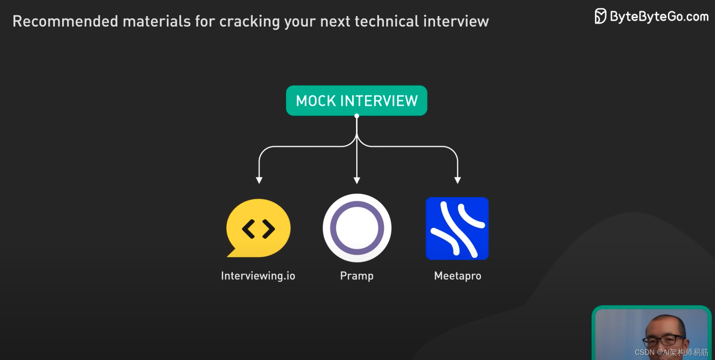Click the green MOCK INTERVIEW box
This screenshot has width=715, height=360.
click(356, 100)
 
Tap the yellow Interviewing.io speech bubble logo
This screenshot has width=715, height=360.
click(258, 228)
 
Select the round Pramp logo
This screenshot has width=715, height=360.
click(357, 228)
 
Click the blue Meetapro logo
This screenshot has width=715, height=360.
click(457, 228)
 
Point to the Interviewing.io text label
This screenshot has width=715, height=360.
click(258, 276)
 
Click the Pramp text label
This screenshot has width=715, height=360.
click(357, 276)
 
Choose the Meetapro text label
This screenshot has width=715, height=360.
click(458, 276)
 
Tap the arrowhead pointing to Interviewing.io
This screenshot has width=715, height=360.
click(259, 180)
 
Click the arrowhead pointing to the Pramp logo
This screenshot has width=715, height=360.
click(357, 180)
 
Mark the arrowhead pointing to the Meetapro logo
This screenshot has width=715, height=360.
click(458, 180)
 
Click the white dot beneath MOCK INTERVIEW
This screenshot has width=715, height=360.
click(357, 116)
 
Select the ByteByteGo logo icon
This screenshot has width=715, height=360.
click(600, 16)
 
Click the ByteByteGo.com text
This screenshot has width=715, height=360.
click(659, 16)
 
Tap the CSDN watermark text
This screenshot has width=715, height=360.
click(671, 352)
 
